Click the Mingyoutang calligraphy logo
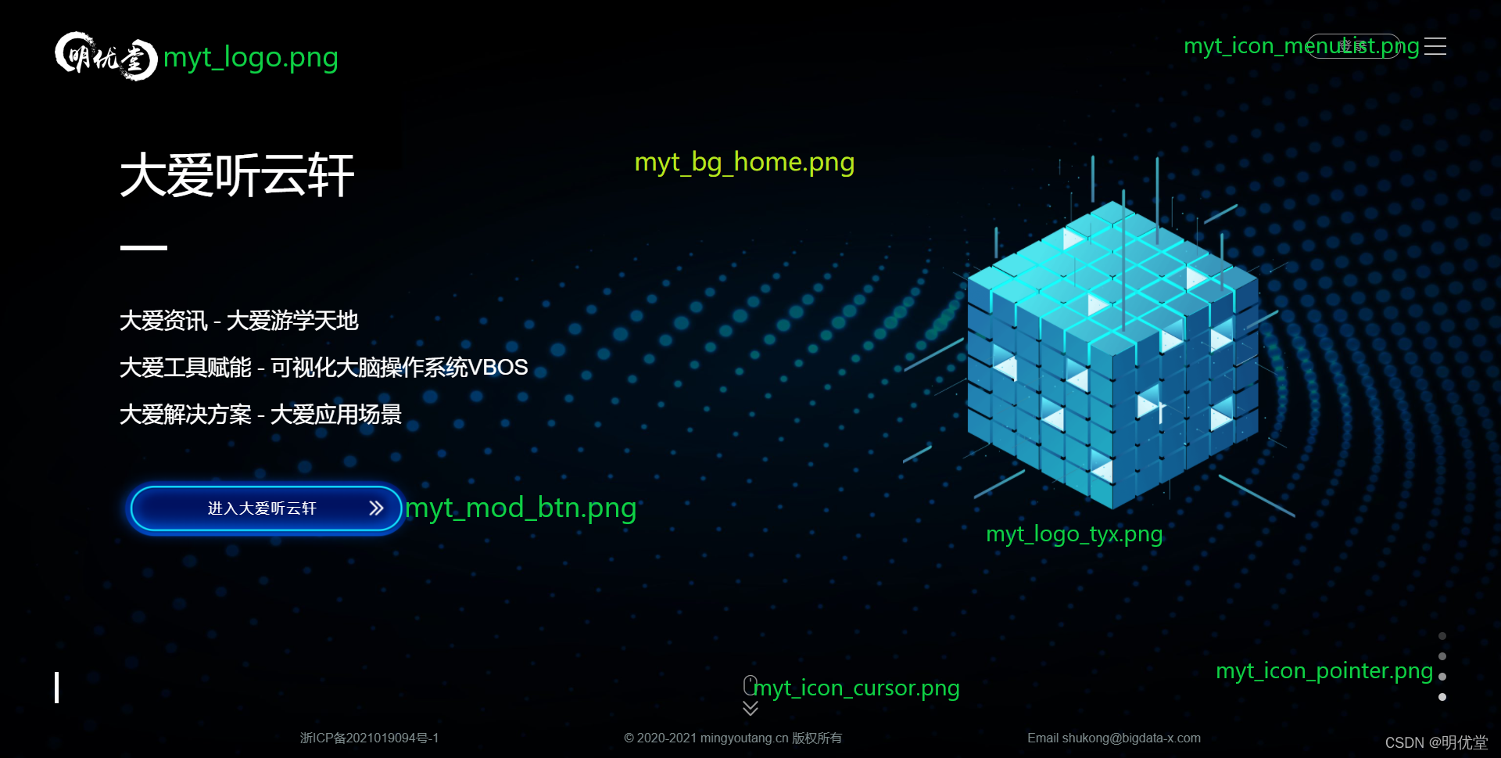pyautogui.click(x=106, y=56)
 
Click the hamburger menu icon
pyautogui.click(x=1435, y=46)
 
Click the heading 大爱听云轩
pyautogui.click(x=237, y=175)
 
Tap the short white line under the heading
pyautogui.click(x=144, y=247)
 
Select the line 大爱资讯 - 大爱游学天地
pyautogui.click(x=238, y=321)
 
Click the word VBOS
pyautogui.click(x=498, y=367)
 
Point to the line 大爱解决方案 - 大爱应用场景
pyautogui.click(x=260, y=415)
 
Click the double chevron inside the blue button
pyautogui.click(x=376, y=508)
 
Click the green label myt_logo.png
pyautogui.click(x=251, y=57)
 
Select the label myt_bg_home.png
pyautogui.click(x=744, y=162)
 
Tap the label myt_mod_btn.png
pyautogui.click(x=521, y=508)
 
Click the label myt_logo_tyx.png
pyautogui.click(x=1074, y=534)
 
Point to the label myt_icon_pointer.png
pyautogui.click(x=1324, y=670)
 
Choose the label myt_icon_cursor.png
pyautogui.click(x=857, y=688)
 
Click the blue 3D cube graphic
pyautogui.click(x=1112, y=356)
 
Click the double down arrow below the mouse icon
pyautogui.click(x=750, y=709)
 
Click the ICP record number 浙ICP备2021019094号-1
pyautogui.click(x=369, y=738)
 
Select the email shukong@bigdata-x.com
pyautogui.click(x=1131, y=738)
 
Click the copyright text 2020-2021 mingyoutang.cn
pyautogui.click(x=712, y=738)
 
